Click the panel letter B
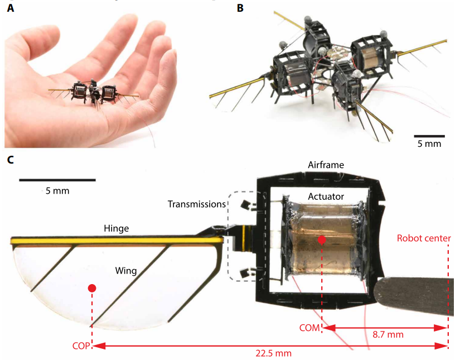point(240,8)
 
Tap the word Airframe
point(325,165)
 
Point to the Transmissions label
point(197,204)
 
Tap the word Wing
point(126,270)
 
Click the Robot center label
point(424,239)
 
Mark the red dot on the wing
point(92,288)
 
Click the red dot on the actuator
point(322,239)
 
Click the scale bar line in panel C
point(57,180)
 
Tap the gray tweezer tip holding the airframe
point(413,295)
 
